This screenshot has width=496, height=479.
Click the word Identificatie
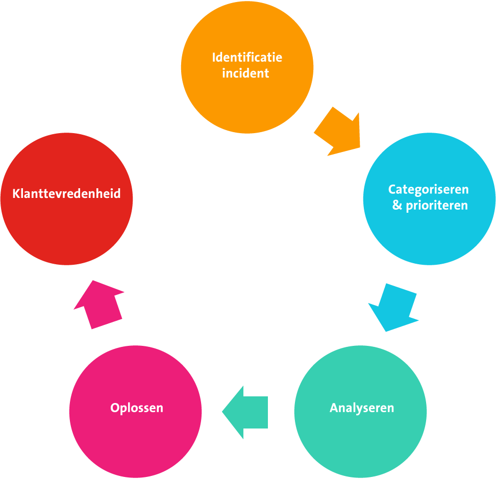(247, 57)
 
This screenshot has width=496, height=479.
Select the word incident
(245, 73)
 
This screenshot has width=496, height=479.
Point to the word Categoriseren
(428, 190)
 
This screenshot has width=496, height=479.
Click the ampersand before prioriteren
(397, 206)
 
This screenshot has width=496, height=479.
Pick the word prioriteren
(437, 206)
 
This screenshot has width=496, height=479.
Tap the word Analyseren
(362, 408)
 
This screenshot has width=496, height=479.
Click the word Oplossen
(137, 408)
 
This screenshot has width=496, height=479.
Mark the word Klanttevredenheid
(66, 194)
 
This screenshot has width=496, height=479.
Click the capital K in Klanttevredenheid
(16, 194)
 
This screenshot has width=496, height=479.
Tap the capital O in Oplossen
(115, 408)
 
